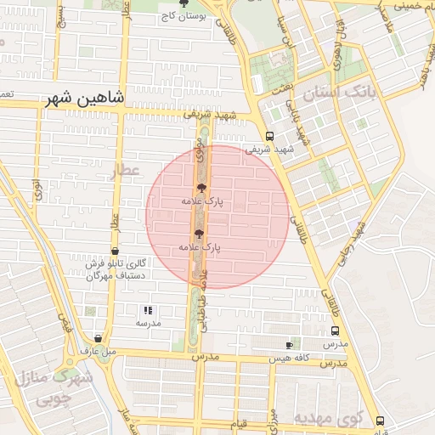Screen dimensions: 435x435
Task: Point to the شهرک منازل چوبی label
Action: (59, 387)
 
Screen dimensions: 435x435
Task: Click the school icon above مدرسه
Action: (146, 311)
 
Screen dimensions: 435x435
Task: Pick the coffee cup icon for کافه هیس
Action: (290, 345)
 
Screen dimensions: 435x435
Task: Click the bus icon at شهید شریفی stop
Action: (270, 136)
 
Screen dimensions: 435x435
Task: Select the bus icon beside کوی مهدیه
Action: (379, 420)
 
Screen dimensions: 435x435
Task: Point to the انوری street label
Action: (37, 189)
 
